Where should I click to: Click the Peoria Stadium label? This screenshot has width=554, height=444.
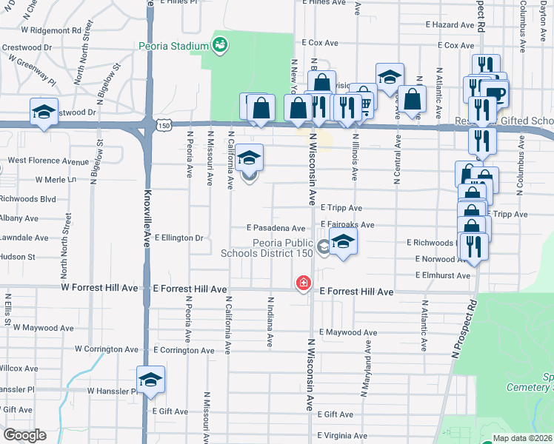coord(173,46)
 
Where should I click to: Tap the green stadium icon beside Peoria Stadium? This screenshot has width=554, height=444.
coord(220,46)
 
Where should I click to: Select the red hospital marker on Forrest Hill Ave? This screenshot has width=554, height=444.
coord(303,283)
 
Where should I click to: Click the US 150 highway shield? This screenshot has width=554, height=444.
coord(164,126)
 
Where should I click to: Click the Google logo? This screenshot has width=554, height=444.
coord(24,435)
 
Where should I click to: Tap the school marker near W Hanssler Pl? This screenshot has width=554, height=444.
coord(150,380)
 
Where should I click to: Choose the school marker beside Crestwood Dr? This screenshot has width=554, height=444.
coord(44,112)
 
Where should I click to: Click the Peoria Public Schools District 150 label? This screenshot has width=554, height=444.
coord(267,247)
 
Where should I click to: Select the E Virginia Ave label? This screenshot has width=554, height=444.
coord(342,435)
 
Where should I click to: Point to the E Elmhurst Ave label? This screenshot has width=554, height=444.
coord(442,275)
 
